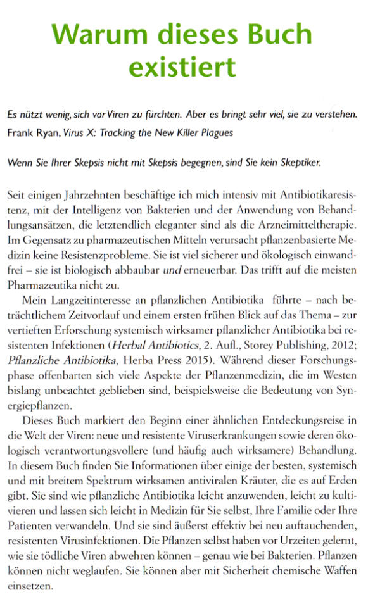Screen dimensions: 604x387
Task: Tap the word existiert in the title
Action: (x=182, y=65)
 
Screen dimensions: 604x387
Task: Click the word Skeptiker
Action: (x=298, y=162)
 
